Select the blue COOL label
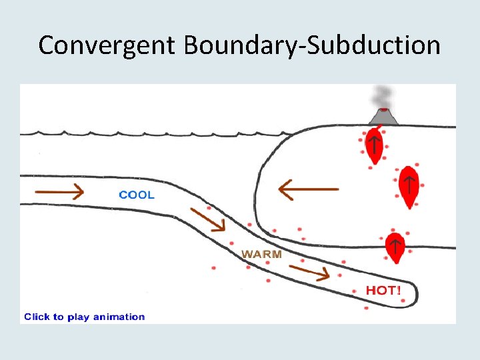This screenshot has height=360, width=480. click(137, 195)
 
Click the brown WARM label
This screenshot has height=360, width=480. click(261, 254)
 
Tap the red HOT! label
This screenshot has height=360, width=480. click(383, 291)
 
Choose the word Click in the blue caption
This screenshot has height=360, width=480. click(37, 317)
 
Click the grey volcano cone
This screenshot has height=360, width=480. click(383, 118)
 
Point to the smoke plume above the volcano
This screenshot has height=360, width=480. click(383, 96)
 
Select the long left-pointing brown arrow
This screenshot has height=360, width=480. click(308, 189)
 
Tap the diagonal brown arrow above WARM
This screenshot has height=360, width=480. click(207, 219)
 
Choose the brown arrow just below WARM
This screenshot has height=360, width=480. click(309, 271)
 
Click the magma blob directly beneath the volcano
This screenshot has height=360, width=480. click(375, 147)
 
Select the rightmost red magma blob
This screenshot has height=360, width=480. click(408, 186)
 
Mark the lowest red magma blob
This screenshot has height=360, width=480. click(395, 247)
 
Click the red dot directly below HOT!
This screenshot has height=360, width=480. click(366, 308)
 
